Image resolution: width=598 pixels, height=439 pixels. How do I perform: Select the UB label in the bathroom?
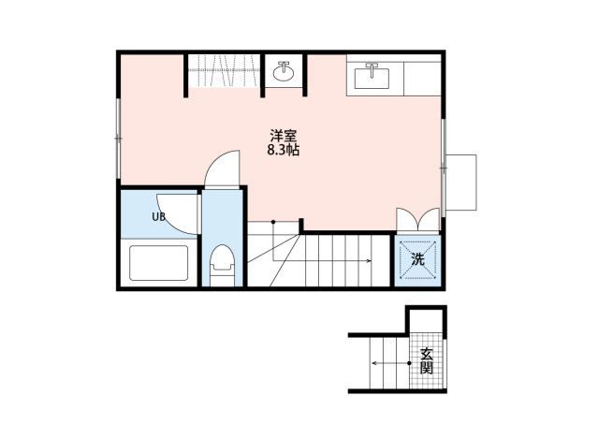pos(159,217)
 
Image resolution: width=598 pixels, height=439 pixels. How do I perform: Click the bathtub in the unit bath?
pos(158,263)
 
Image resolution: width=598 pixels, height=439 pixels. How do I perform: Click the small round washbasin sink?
pos(284,72)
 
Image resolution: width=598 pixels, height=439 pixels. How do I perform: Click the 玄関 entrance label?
pos(427,361)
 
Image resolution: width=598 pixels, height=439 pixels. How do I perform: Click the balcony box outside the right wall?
pos(461,182)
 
